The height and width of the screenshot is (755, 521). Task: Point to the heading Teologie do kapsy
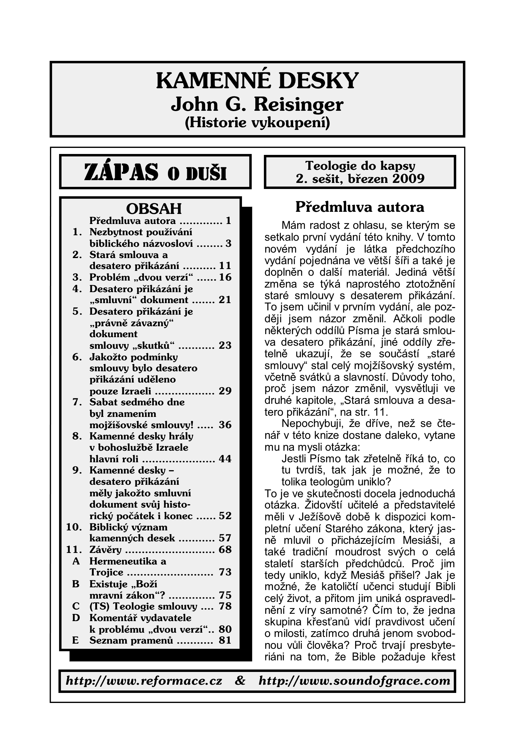(360, 166)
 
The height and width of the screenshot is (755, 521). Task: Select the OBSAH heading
(154, 208)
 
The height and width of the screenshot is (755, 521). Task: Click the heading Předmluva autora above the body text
(360, 207)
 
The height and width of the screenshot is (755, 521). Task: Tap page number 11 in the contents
(225, 266)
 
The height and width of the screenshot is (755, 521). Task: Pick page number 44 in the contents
(225, 459)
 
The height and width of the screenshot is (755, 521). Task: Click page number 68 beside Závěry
(225, 550)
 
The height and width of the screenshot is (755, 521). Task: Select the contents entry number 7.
(77, 402)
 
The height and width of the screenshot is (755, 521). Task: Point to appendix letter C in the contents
(76, 606)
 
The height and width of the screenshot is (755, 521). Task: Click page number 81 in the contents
(225, 641)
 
